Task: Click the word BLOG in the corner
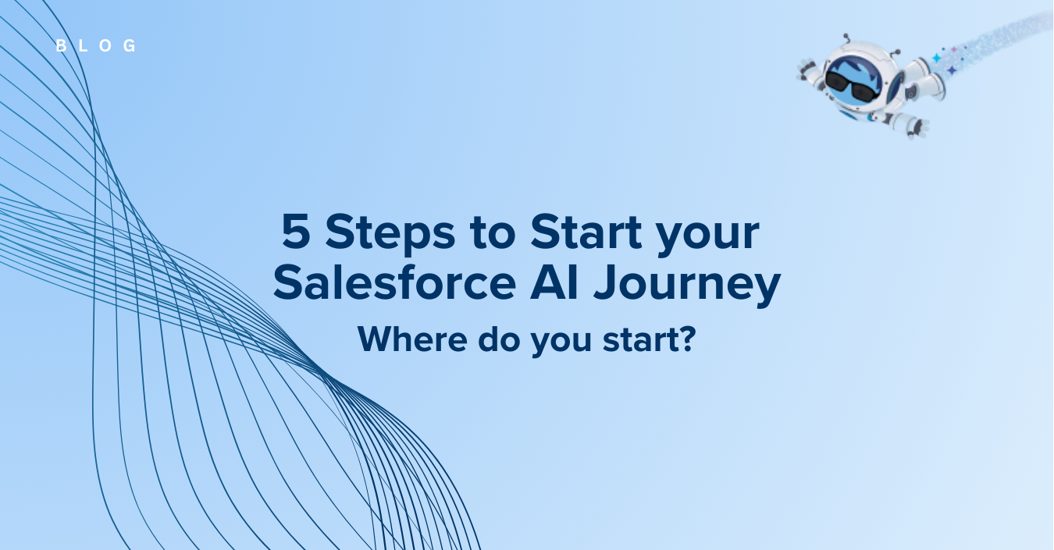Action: pyautogui.click(x=96, y=45)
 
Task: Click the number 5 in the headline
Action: pyautogui.click(x=296, y=231)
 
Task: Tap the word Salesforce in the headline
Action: pyautogui.click(x=395, y=282)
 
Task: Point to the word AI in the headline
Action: pyautogui.click(x=554, y=282)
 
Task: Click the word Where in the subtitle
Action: pyautogui.click(x=412, y=339)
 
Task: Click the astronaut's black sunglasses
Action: pyautogui.click(x=852, y=87)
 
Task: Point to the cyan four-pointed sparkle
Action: pyautogui.click(x=936, y=59)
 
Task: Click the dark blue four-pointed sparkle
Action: pyautogui.click(x=952, y=70)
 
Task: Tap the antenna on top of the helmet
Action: pyautogui.click(x=847, y=38)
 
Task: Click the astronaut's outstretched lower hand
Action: pyautogui.click(x=917, y=128)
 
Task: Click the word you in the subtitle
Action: pyautogui.click(x=561, y=342)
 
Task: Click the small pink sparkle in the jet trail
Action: pyautogui.click(x=954, y=49)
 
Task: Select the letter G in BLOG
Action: pyautogui.click(x=130, y=45)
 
